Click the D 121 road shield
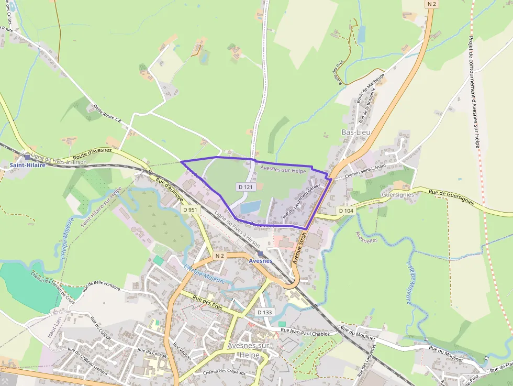click(x=246, y=186)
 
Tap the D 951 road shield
click(x=191, y=209)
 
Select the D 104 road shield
click(x=345, y=211)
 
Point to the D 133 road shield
click(x=265, y=312)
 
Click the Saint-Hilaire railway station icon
click(x=27, y=157)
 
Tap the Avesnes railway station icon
click(x=260, y=253)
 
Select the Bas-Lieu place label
click(x=355, y=132)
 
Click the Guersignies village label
click(x=398, y=194)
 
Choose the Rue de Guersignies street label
click(x=452, y=196)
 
